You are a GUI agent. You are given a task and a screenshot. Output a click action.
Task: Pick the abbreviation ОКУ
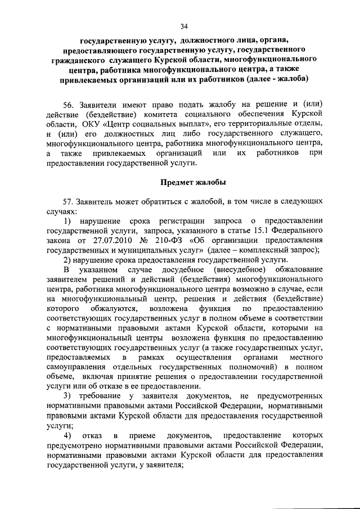(x=84, y=124)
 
